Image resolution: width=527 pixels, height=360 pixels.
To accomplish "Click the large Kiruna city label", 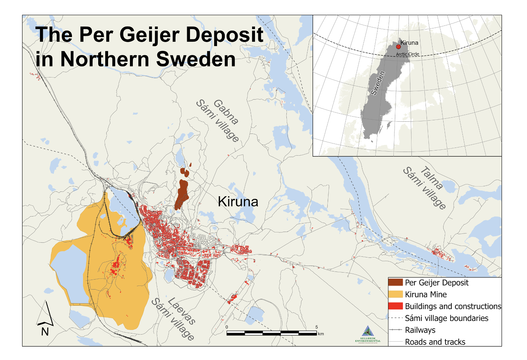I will tap(238, 201).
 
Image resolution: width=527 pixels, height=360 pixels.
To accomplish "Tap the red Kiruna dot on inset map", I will tap(398, 47).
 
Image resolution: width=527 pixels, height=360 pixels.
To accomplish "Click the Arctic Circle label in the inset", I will tap(407, 54).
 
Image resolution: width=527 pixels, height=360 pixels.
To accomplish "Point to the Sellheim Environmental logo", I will tap(368, 334).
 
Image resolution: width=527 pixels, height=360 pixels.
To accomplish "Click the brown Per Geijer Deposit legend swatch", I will tap(395, 283).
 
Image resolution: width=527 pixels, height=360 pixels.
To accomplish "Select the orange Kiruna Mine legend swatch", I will tap(395, 294).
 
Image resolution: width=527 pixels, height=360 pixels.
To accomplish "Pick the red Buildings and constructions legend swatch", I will tap(395, 306).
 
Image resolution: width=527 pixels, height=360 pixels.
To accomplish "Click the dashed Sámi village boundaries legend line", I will tap(395, 318).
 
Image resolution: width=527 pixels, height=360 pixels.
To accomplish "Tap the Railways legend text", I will tap(420, 330).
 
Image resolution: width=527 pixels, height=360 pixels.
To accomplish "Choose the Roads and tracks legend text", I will tap(435, 342).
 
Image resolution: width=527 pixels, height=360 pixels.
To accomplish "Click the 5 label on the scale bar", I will tap(317, 327).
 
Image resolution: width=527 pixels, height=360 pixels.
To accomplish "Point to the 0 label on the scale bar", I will tap(227, 327).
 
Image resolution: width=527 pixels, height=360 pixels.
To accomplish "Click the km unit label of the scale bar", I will tap(321, 334).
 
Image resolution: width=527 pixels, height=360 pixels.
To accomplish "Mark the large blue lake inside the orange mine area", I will tap(70, 273).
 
